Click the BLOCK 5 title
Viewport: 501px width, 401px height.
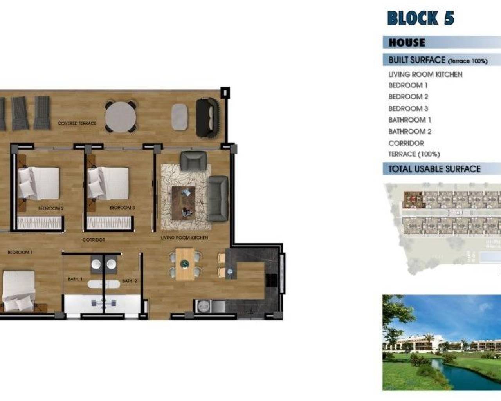(421, 18)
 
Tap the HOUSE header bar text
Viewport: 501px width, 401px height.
(407, 42)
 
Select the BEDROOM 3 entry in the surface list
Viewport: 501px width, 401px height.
(408, 108)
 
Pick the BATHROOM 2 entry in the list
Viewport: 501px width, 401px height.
(410, 132)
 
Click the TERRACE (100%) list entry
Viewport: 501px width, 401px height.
(414, 154)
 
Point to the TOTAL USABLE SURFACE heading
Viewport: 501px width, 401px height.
(434, 169)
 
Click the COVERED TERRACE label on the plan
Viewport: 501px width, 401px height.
(77, 123)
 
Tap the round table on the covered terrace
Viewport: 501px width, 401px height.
(121, 117)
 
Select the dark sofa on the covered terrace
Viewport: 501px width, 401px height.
(207, 117)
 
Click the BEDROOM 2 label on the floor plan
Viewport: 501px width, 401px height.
(51, 208)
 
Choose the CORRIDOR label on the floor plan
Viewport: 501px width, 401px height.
(94, 240)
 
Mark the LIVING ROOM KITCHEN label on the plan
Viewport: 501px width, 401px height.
(184, 238)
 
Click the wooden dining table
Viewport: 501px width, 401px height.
(184, 264)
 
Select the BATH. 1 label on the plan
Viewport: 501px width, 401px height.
(75, 279)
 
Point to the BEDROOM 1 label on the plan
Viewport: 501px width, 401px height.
(20, 252)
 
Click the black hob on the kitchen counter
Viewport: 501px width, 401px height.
(271, 280)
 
